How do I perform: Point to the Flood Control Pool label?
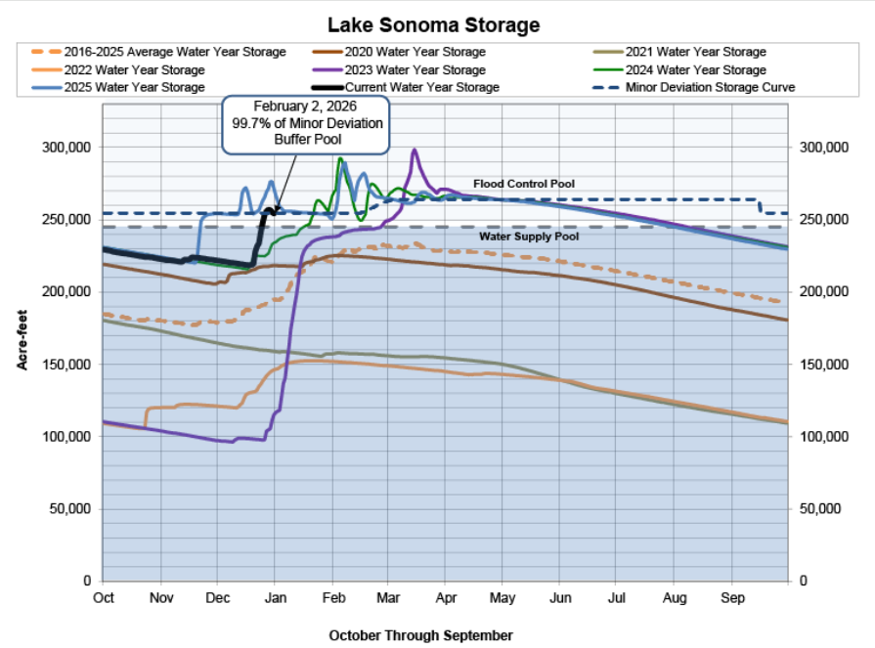(x=524, y=184)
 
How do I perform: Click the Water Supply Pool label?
(x=529, y=237)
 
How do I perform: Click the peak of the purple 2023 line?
(x=415, y=150)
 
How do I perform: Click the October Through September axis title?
(x=420, y=635)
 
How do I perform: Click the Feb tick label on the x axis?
(x=333, y=595)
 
